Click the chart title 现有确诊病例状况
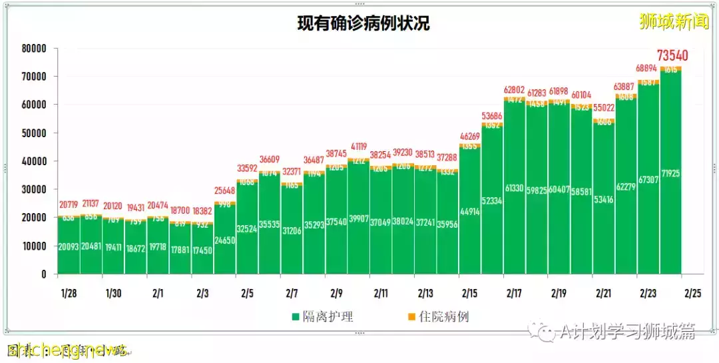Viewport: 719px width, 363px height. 363,24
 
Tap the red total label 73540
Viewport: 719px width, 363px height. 672,55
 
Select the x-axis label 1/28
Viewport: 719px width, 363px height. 69,293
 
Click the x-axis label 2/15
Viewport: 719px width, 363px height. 469,293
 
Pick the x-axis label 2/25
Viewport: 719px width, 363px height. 692,293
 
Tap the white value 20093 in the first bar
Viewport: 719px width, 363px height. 69,246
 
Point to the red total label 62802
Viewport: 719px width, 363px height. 515,89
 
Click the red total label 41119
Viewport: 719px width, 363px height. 359,147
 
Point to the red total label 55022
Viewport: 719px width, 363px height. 604,107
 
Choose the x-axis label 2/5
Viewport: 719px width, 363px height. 247,293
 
